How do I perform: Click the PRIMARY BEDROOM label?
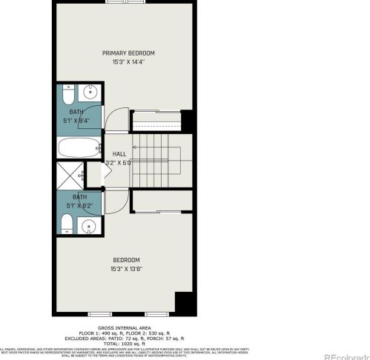[128, 53]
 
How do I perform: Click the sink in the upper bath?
[91, 95]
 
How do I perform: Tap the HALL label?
[119, 153]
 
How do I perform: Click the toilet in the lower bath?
[67, 224]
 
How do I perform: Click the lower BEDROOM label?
[126, 259]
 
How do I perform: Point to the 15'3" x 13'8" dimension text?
[126, 267]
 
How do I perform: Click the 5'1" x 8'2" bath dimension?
[79, 206]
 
